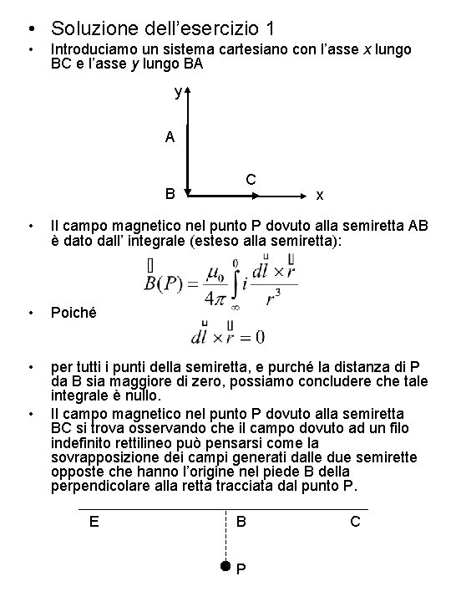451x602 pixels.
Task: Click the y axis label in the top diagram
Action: [177, 92]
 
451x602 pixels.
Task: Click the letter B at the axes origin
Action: [170, 196]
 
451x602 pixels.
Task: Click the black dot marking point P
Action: [225, 566]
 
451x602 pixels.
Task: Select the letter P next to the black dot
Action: [241, 570]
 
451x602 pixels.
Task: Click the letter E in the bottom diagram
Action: [94, 522]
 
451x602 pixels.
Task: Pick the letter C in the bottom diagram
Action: [356, 522]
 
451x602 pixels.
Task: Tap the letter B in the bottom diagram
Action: [241, 522]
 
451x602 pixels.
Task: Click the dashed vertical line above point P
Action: [225, 535]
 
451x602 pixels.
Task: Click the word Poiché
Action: [73, 313]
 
